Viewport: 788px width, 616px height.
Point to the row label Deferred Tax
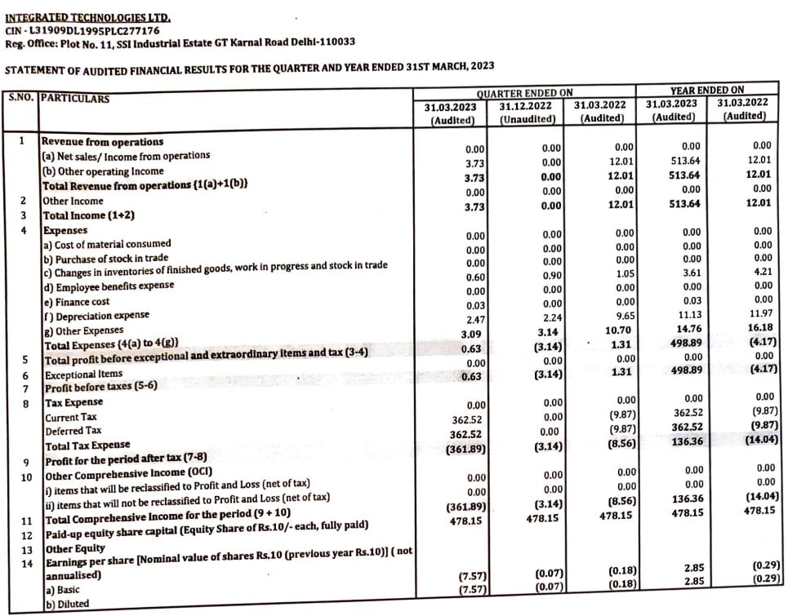click(x=73, y=430)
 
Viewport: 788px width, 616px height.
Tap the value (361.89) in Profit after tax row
click(x=467, y=448)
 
